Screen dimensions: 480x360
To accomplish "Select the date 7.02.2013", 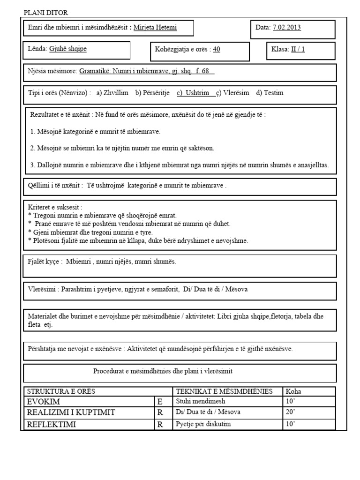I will coord(286,27).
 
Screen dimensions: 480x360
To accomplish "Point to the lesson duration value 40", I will coord(217,49).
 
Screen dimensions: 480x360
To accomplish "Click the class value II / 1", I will coord(298,49).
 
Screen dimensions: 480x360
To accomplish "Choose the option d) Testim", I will coord(270,93).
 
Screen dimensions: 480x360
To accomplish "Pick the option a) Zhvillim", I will coord(112,93).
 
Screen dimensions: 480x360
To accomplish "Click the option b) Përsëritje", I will coord(152,93).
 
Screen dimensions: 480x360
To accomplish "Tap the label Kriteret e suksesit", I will coord(55,207).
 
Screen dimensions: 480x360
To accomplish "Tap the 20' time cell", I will coord(290,412).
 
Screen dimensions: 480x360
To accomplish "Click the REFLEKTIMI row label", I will coord(52,425).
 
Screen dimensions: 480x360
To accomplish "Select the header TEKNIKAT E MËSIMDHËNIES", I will coord(224,391).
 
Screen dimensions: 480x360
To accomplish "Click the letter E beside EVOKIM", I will coord(160,402).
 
